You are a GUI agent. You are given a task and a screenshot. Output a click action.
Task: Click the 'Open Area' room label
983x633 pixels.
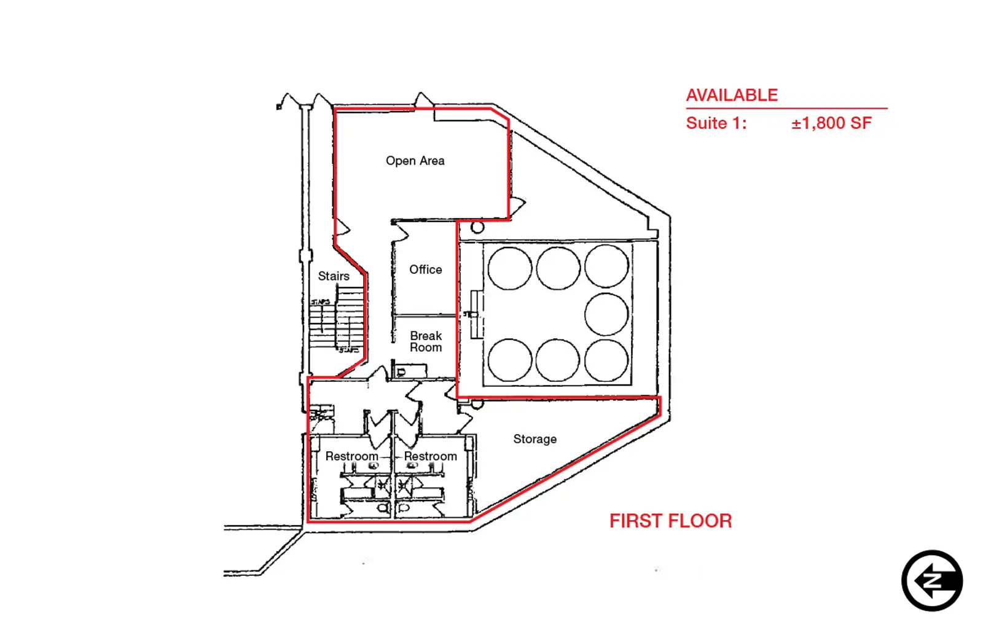[x=415, y=161]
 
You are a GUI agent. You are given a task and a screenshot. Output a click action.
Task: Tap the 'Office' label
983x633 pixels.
[x=425, y=270]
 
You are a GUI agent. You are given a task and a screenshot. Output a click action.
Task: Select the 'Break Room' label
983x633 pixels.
[x=426, y=341]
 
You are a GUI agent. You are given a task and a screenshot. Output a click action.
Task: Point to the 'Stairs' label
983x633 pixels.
[x=334, y=276]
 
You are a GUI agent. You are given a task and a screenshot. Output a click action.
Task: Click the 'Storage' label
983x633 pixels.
[x=535, y=439]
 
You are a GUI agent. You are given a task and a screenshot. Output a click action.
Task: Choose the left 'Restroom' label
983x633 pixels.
[x=351, y=456]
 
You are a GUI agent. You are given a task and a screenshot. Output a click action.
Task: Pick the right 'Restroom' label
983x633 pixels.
[x=430, y=456]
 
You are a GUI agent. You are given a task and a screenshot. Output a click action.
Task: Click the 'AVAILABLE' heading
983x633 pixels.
[x=732, y=95]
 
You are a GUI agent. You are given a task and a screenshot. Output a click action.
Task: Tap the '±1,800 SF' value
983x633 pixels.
[x=831, y=123]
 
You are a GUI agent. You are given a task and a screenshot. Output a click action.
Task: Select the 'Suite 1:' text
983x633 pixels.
[x=716, y=123]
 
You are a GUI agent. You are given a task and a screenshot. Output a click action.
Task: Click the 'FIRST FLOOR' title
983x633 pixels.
[x=670, y=521]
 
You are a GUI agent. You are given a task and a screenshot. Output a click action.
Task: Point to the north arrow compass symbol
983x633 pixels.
[x=932, y=581]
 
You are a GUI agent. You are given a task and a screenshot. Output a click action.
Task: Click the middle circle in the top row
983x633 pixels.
[x=558, y=268]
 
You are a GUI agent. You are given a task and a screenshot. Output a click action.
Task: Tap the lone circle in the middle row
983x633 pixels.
[x=606, y=314]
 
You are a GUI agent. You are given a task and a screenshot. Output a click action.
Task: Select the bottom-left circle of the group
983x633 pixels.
[x=510, y=360]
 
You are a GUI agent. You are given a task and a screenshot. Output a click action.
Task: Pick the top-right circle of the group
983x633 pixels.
[x=606, y=266]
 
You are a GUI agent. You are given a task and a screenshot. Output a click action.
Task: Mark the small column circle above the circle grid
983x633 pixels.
[x=477, y=228]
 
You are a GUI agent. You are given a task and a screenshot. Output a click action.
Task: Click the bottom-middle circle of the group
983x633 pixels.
[x=558, y=360]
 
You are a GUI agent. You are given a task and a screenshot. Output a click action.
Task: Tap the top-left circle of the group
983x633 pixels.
[x=510, y=268]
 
